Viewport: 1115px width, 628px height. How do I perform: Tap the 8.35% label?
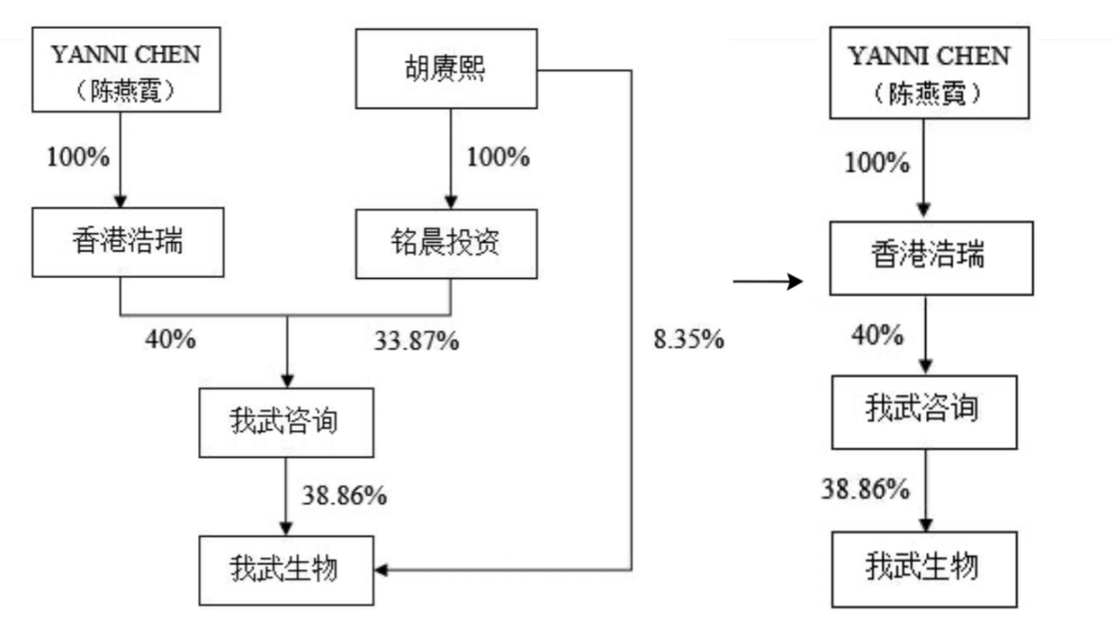pyautogui.click(x=689, y=340)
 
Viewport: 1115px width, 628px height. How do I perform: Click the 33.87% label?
pyautogui.click(x=416, y=341)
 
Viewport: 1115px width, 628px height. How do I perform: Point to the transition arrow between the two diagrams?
pyautogui.click(x=768, y=281)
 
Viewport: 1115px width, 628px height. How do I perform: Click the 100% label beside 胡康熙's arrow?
pyautogui.click(x=498, y=157)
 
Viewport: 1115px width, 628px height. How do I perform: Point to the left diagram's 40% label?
pyautogui.click(x=171, y=340)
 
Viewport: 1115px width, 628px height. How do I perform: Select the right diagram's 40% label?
pyautogui.click(x=877, y=334)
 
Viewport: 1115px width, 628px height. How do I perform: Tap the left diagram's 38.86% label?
pyautogui.click(x=345, y=495)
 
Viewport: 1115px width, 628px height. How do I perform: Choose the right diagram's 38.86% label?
pyautogui.click(x=865, y=488)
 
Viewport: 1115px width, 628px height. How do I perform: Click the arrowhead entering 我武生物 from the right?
pyautogui.click(x=382, y=570)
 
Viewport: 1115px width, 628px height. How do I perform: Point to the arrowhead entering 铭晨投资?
pyautogui.click(x=451, y=202)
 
